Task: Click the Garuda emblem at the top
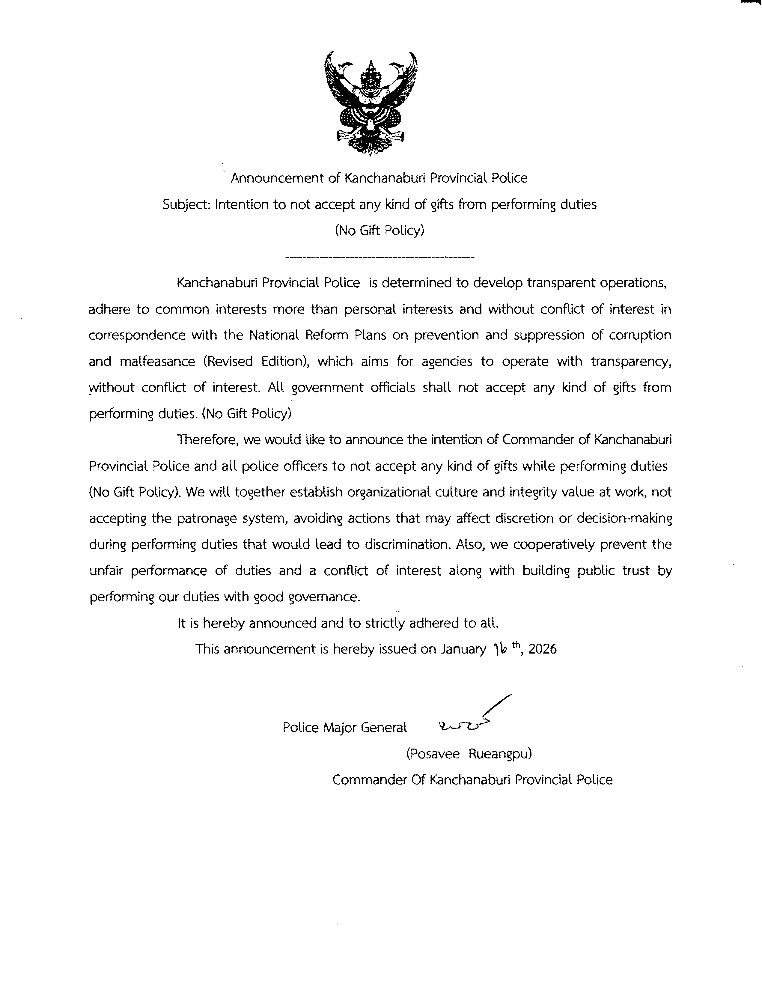tap(371, 103)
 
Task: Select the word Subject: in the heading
tap(186, 205)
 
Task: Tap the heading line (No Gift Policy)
tap(380, 231)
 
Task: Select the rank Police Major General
tap(344, 728)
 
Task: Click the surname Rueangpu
tap(500, 754)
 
